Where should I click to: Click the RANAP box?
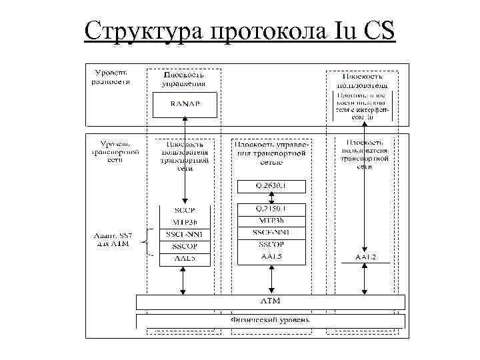pos(185,103)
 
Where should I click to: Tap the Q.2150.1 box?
pos(271,209)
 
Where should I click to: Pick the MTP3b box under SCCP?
pos(184,221)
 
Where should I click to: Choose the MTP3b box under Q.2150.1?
pos(271,221)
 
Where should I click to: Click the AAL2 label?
pos(364,257)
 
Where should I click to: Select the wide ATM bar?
pos(269,301)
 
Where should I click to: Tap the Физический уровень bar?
pos(269,321)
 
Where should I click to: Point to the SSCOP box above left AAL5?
pos(184,246)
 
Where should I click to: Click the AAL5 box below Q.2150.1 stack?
pos(271,257)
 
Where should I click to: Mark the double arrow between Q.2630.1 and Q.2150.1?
pos(271,197)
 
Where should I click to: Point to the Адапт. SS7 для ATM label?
pos(112,239)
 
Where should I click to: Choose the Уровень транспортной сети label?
pos(115,152)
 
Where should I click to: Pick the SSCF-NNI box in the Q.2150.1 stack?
pos(271,233)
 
